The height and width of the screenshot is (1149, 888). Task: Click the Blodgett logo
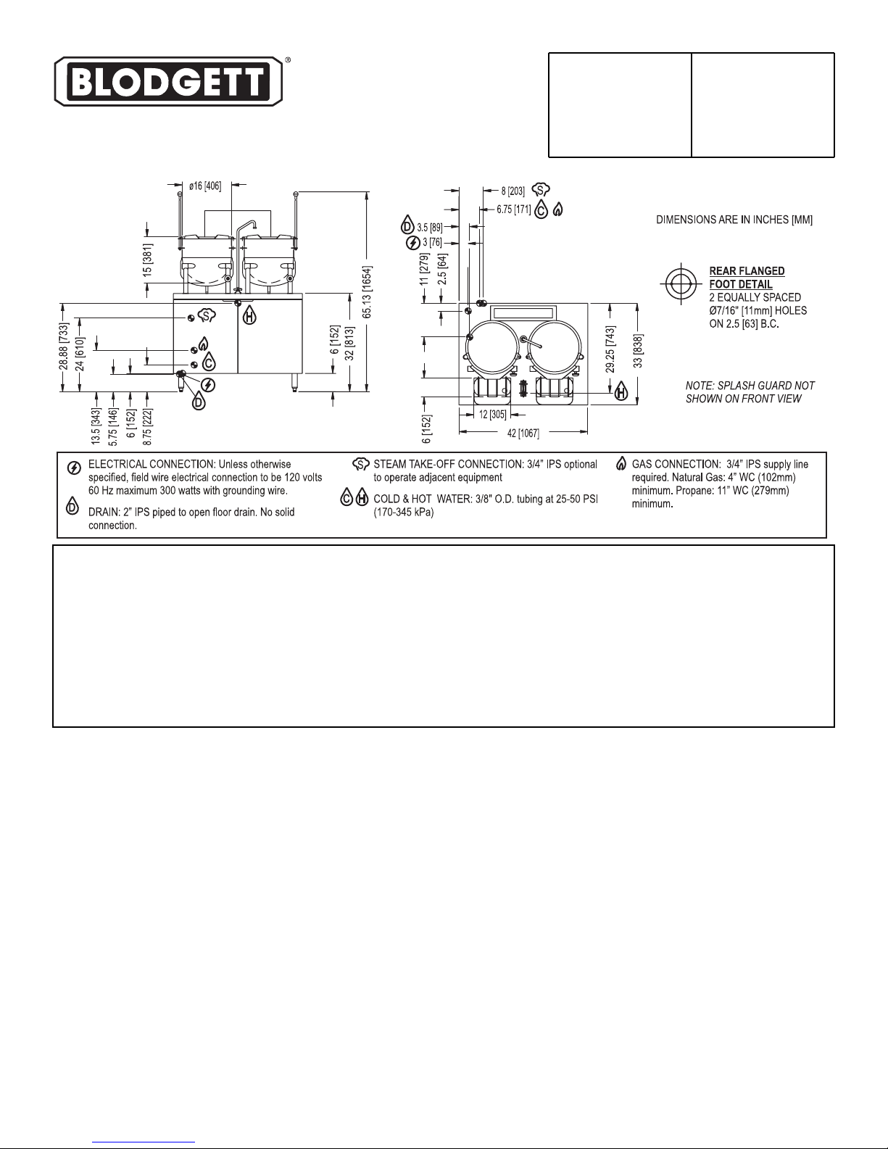tap(168, 81)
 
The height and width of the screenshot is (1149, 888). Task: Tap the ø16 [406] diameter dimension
tap(205, 186)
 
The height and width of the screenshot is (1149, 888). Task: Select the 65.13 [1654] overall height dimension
tap(367, 292)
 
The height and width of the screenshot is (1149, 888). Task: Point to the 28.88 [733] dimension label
tap(64, 347)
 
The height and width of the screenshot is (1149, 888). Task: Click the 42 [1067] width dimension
tap(523, 433)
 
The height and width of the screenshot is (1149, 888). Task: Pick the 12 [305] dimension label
tap(493, 415)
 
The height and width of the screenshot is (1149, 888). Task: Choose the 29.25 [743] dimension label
tap(610, 349)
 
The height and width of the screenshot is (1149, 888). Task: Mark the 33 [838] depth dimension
tap(638, 351)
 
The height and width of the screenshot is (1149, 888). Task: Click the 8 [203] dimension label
tap(513, 191)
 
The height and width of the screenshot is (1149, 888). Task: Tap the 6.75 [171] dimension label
tap(513, 210)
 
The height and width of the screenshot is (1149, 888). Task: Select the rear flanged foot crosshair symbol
tap(681, 283)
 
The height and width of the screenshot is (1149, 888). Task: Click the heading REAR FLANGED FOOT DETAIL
tap(747, 278)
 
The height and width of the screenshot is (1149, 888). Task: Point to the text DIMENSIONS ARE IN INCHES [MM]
tap(734, 220)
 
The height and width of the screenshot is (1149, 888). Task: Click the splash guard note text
tap(750, 392)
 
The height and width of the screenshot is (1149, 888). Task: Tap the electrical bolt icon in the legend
tap(74, 468)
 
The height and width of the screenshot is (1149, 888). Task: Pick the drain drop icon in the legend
tap(72, 506)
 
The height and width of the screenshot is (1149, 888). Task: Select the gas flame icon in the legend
tap(621, 464)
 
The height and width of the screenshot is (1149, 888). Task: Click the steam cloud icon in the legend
tap(361, 464)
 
